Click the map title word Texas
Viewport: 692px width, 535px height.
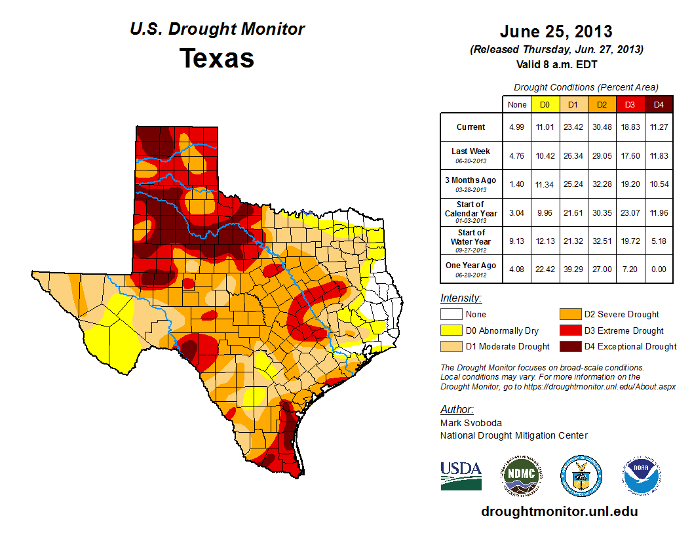click(217, 58)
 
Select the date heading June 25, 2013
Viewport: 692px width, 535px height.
click(556, 31)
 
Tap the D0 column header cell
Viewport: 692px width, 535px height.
click(545, 104)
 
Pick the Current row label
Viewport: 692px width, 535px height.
click(471, 127)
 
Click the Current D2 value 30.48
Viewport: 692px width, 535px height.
click(601, 127)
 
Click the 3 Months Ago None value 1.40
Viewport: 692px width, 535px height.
click(516, 184)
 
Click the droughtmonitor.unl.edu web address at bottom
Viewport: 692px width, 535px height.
click(559, 511)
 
